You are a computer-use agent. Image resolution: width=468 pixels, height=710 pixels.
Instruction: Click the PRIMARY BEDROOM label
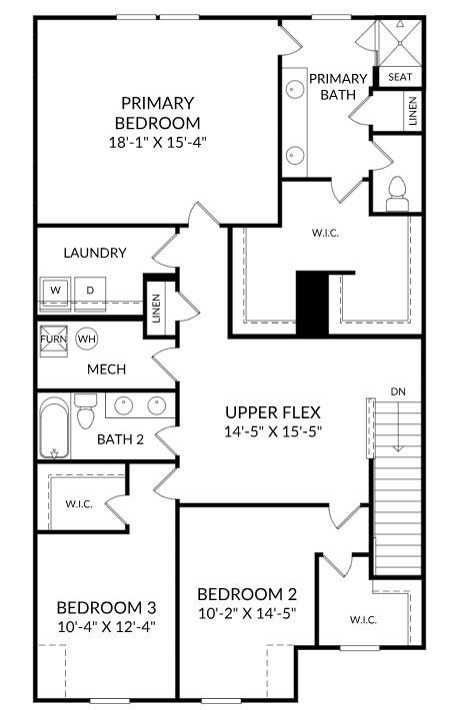[x=157, y=112]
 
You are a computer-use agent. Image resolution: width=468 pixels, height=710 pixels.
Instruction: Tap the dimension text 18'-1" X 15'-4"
[x=157, y=142]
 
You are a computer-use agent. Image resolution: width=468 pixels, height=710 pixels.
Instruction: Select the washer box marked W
[x=56, y=290]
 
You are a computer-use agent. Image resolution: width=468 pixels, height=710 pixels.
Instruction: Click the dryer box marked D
[x=89, y=290]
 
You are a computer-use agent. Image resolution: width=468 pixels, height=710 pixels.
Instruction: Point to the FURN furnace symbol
[x=53, y=339]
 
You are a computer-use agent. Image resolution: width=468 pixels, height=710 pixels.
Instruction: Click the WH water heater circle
[x=87, y=339]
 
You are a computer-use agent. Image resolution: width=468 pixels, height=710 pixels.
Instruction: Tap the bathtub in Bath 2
[x=56, y=427]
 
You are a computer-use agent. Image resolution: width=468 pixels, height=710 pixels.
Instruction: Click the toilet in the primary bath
[x=396, y=190]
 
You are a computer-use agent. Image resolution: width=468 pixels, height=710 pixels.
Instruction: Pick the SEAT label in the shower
[x=399, y=77]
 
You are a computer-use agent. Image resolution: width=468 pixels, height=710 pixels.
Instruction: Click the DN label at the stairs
[x=398, y=390]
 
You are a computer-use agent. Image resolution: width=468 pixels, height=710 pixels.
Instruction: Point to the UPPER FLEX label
[x=273, y=412]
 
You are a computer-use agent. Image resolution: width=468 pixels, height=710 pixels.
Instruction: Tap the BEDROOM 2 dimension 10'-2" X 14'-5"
[x=246, y=612]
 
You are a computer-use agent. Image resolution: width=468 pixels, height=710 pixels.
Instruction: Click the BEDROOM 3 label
[x=105, y=607]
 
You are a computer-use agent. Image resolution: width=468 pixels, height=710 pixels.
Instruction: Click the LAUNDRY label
[x=94, y=253]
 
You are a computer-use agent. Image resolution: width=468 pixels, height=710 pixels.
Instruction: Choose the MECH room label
[x=106, y=369]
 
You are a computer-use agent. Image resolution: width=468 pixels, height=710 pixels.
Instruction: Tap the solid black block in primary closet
[x=313, y=302]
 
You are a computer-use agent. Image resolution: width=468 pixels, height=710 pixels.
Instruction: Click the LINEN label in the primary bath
[x=412, y=111]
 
